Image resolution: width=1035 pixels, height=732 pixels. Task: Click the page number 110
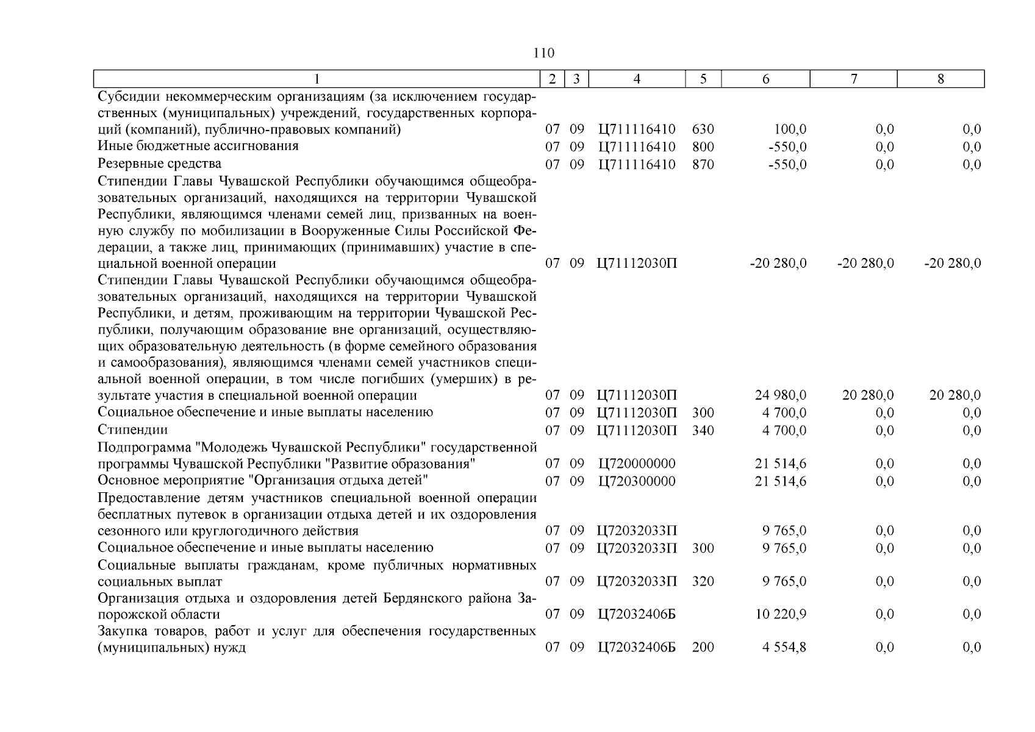(543, 53)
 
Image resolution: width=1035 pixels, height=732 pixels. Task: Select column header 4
(637, 79)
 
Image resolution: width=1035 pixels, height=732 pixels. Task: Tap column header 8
(940, 79)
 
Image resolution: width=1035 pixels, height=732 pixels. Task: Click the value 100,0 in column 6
(790, 129)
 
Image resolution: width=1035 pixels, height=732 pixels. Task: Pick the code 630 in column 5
(703, 129)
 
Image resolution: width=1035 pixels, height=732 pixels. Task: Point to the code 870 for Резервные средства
(703, 165)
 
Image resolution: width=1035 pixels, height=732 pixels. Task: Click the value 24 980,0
(781, 395)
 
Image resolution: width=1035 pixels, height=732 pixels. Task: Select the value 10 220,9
(781, 614)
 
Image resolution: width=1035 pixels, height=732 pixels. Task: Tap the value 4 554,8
(784, 647)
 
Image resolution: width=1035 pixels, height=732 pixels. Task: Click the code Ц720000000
(637, 464)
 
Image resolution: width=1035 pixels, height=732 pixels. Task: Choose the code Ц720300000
(637, 481)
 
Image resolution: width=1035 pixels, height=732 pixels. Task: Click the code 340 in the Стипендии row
(703, 431)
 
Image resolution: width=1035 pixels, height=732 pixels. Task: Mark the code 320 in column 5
(703, 581)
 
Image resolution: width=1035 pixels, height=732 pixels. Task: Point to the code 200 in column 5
(703, 647)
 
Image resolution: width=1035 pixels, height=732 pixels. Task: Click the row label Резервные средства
(160, 163)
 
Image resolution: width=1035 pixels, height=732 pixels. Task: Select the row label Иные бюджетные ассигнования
(198, 146)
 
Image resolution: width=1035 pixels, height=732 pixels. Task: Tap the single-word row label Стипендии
(132, 430)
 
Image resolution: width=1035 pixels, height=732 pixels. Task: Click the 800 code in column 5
(703, 147)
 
